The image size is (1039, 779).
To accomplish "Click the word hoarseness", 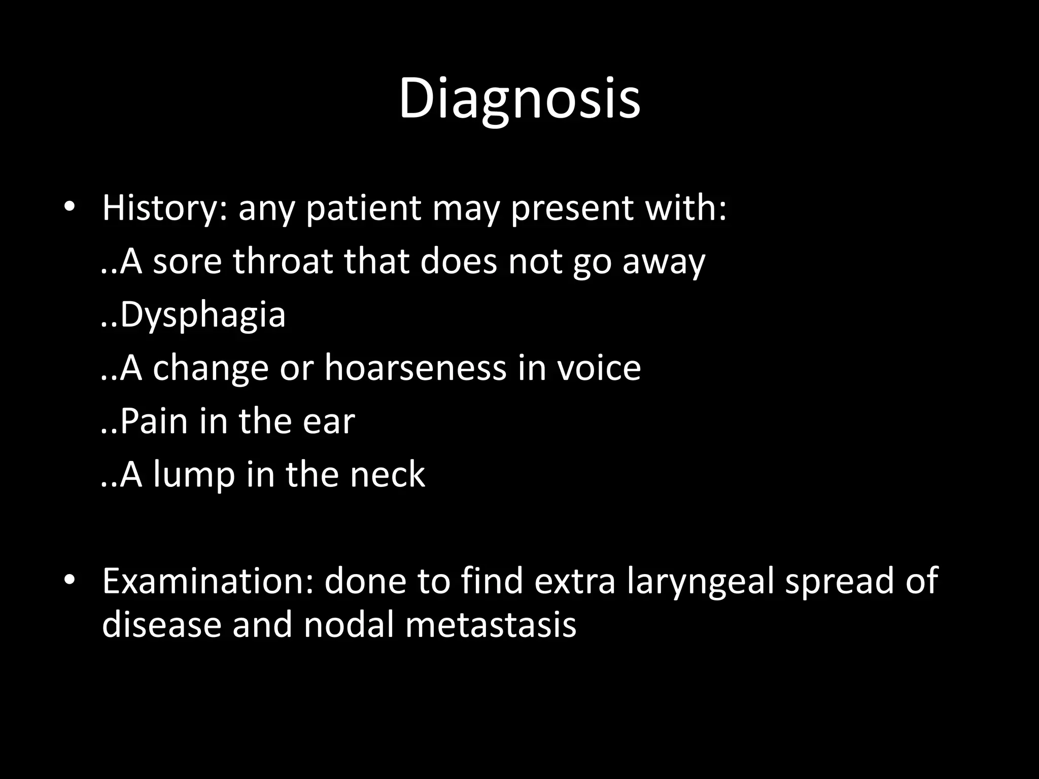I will click(415, 368).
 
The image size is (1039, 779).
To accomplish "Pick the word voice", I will click(599, 368).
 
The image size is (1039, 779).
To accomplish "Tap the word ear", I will click(328, 421).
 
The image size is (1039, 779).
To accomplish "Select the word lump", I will click(194, 475).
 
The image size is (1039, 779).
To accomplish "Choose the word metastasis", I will click(490, 624).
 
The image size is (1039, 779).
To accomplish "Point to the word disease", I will click(161, 624).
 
